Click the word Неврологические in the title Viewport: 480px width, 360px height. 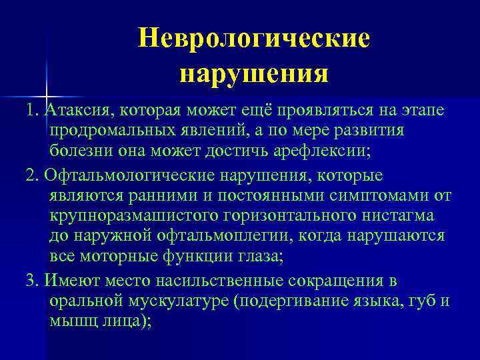pos(253,38)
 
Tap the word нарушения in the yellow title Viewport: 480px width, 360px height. pos(253,73)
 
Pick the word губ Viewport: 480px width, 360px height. pos(424,300)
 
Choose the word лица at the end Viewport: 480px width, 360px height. pos(122,320)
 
